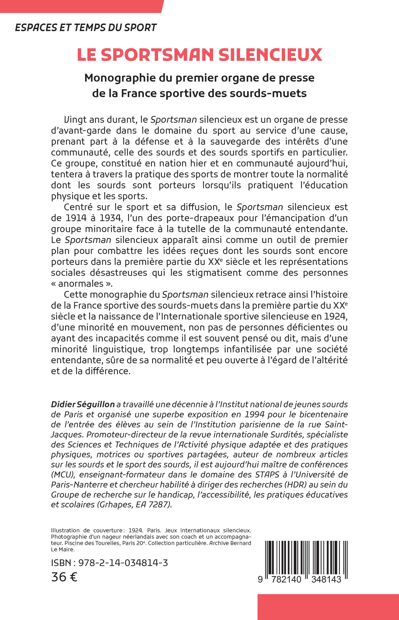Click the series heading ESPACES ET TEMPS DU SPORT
[x=86, y=28]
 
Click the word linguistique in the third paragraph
[x=119, y=349]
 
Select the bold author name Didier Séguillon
[x=83, y=404]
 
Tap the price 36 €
[x=64, y=577]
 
